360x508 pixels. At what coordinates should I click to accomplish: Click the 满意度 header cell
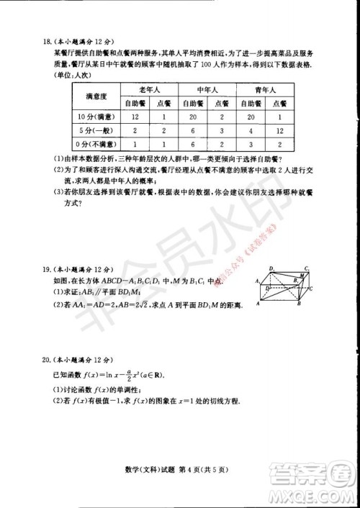[97, 97]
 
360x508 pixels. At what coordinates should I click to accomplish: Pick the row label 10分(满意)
[97, 117]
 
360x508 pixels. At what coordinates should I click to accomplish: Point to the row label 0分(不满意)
[97, 144]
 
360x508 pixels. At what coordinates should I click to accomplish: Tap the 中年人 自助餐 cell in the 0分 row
[193, 144]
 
